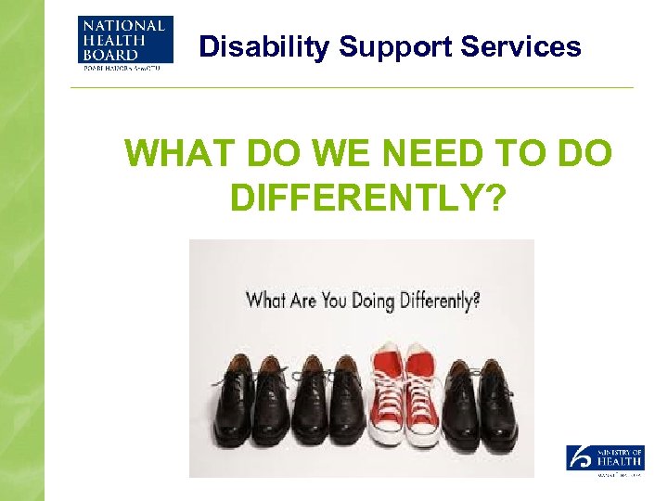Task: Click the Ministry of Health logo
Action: pos(605,460)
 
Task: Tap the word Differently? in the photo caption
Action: pos(437,302)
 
